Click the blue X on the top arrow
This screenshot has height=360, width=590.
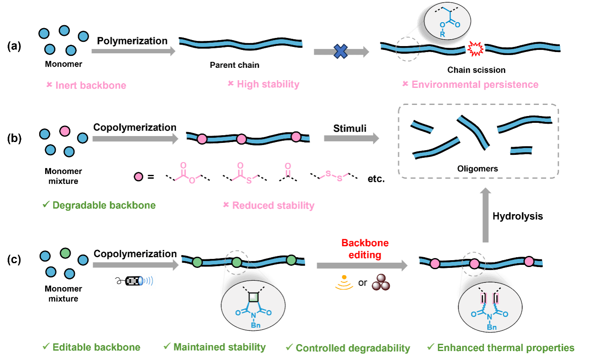[x=341, y=52]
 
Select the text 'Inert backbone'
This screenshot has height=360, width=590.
[x=90, y=85]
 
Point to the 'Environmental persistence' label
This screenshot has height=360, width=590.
[x=475, y=84]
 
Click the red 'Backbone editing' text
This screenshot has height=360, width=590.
[x=365, y=248]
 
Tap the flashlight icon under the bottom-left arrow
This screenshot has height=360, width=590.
[x=134, y=281]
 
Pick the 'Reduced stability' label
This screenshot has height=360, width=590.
[x=273, y=206]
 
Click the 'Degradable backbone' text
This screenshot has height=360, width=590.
[x=104, y=205]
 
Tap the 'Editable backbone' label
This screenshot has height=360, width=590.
[x=96, y=347]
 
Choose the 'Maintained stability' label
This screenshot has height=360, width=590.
[x=219, y=347]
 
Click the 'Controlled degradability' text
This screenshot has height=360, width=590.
[x=353, y=348]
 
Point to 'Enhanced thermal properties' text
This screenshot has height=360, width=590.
[x=506, y=348]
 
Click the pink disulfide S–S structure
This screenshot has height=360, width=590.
[x=334, y=176]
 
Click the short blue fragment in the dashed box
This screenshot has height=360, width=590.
[x=521, y=150]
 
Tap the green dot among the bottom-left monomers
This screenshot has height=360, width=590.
[x=65, y=253]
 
